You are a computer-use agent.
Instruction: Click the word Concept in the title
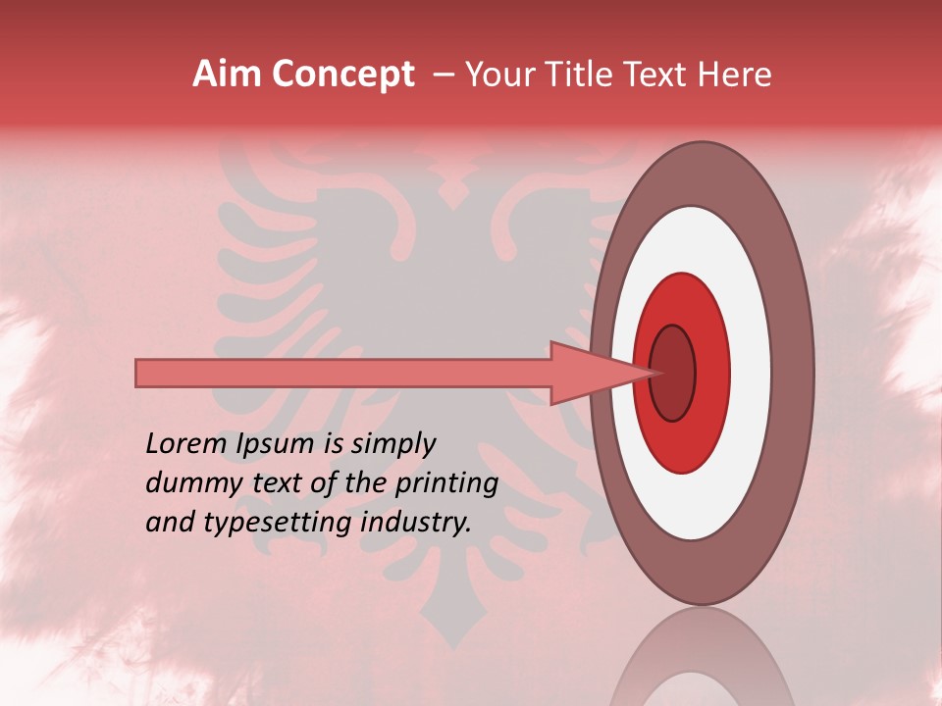coord(342,75)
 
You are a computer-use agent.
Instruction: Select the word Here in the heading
coord(734,75)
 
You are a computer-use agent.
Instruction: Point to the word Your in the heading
coord(499,75)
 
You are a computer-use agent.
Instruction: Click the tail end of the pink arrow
coord(140,373)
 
